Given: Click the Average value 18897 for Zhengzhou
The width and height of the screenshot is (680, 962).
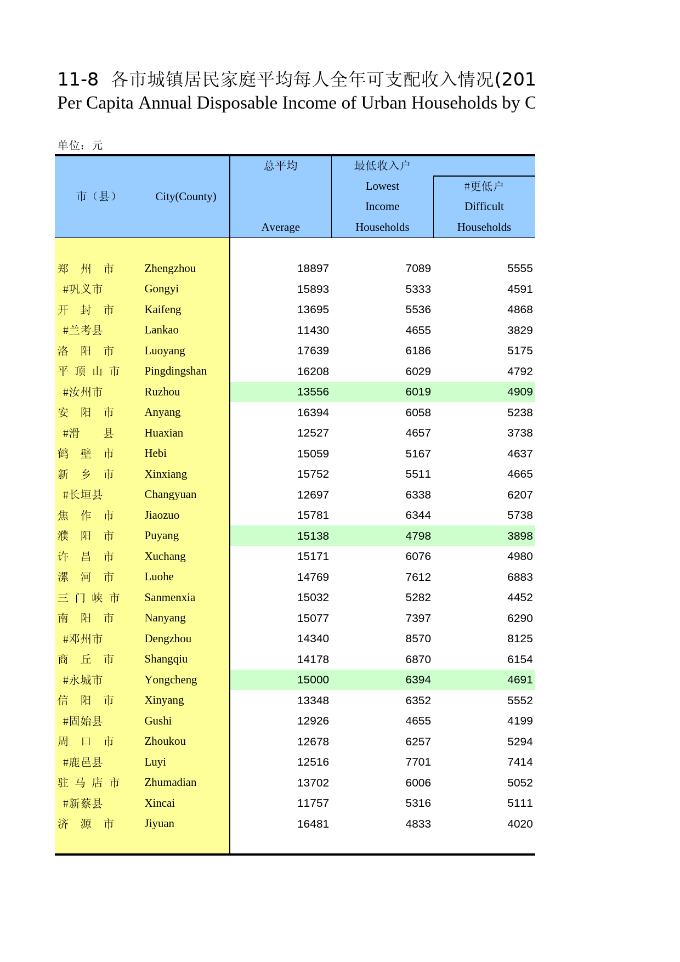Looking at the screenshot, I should pyautogui.click(x=313, y=269).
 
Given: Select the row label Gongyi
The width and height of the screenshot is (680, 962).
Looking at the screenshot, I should pyautogui.click(x=161, y=289).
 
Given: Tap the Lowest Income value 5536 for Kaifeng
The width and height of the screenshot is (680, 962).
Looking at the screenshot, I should pyautogui.click(x=418, y=310).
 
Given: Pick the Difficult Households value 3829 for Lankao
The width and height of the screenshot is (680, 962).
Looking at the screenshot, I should pyautogui.click(x=519, y=330).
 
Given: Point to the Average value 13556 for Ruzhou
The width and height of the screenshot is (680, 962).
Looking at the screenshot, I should pyautogui.click(x=313, y=392).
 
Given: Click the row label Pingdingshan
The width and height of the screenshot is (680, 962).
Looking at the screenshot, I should pyautogui.click(x=175, y=371).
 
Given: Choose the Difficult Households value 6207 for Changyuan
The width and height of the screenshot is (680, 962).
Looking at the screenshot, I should pyautogui.click(x=519, y=495).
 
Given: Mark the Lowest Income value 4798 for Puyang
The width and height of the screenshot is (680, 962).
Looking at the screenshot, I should pyautogui.click(x=418, y=536).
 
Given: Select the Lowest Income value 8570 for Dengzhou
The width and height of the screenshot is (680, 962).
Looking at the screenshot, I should pyautogui.click(x=418, y=639).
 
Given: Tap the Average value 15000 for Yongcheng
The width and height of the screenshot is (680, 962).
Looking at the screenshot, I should pyautogui.click(x=313, y=680).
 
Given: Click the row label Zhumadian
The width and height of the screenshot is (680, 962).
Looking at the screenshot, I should pyautogui.click(x=170, y=783).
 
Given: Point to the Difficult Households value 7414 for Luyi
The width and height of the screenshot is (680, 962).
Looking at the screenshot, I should pyautogui.click(x=519, y=762).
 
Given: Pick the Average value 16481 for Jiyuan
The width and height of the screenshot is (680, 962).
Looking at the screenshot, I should pyautogui.click(x=313, y=824).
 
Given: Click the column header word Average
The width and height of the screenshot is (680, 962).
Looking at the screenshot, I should pyautogui.click(x=280, y=227).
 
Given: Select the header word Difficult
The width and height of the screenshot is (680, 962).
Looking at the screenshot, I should pyautogui.click(x=484, y=207).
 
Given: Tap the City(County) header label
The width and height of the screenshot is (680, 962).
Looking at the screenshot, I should pyautogui.click(x=185, y=196).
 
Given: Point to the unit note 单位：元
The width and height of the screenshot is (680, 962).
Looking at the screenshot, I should pyautogui.click(x=80, y=145).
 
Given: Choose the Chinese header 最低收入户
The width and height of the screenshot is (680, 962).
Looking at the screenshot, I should pyautogui.click(x=382, y=166).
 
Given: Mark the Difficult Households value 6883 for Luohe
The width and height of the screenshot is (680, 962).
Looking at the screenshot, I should pyautogui.click(x=519, y=577).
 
